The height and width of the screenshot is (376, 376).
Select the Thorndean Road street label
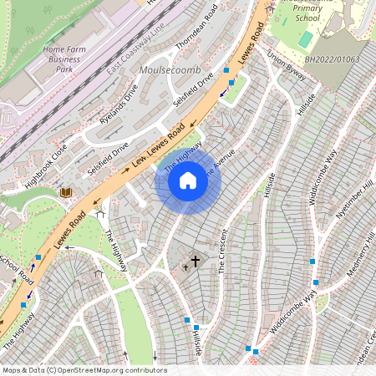[201, 25]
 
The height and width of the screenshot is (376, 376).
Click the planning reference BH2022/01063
[333, 60]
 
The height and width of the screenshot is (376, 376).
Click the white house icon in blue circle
[188, 180]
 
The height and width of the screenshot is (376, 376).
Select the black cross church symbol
[196, 262]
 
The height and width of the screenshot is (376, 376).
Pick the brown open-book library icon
[66, 193]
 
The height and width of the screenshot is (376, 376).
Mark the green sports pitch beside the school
[306, 39]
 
